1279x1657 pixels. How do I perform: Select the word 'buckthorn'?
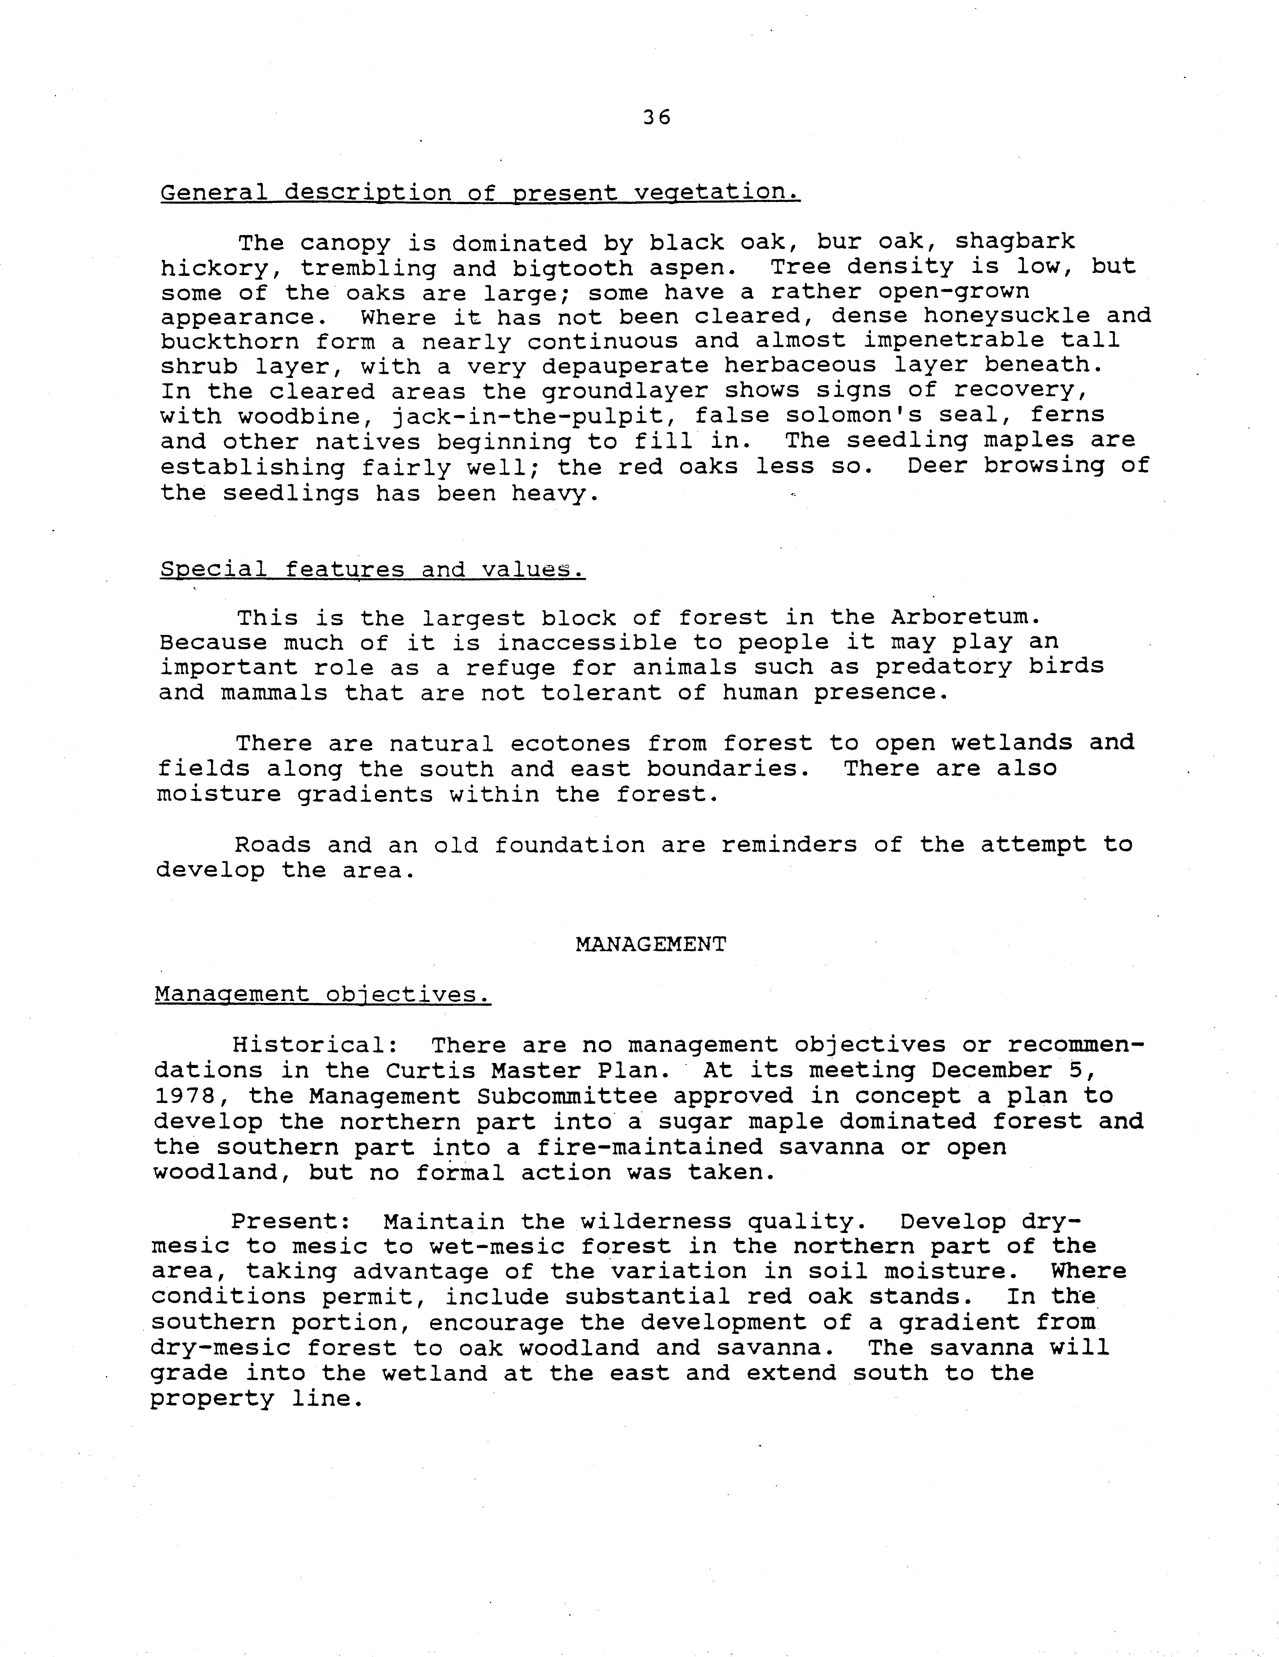(x=229, y=341)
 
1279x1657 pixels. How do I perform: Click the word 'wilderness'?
(x=655, y=1221)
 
